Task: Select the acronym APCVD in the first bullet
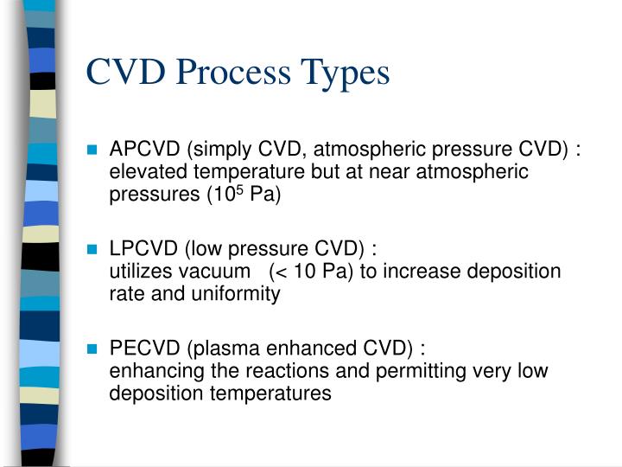pos(141,150)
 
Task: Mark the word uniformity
pos(241,294)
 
